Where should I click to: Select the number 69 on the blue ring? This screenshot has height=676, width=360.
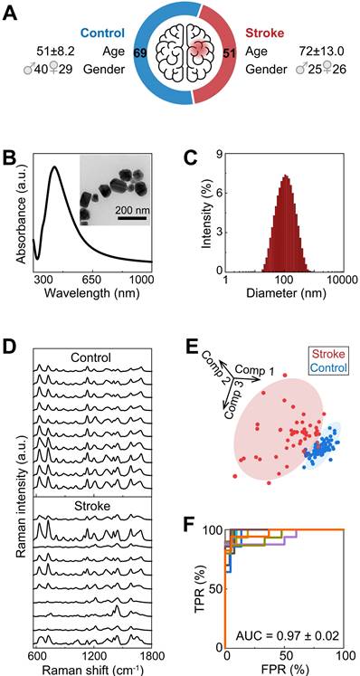(x=141, y=57)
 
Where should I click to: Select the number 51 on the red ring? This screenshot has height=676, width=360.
(x=231, y=57)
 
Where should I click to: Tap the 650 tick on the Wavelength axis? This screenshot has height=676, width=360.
(x=96, y=281)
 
